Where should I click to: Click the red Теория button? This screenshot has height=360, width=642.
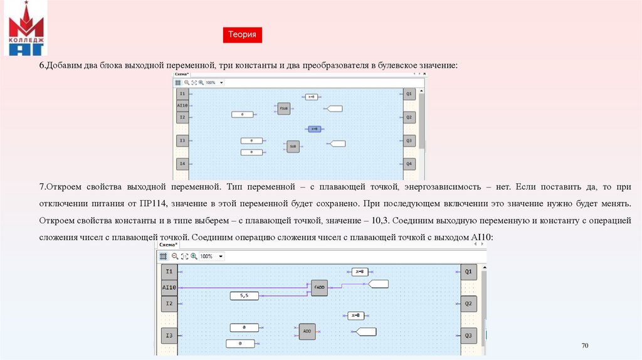coord(242,35)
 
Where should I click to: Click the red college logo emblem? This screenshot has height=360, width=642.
coord(26,28)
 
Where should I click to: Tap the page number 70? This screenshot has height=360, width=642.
coord(585,346)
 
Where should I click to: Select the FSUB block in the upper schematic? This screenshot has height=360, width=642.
coord(283,109)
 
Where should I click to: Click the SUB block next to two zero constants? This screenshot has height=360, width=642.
coord(293,146)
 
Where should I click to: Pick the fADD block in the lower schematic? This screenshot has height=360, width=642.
coord(319,287)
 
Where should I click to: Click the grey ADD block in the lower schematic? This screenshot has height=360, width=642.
coord(307,331)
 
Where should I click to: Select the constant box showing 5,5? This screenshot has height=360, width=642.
coord(244,295)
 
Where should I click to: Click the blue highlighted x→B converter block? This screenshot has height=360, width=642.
coord(314,129)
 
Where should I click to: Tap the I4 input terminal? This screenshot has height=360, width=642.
coord(182,164)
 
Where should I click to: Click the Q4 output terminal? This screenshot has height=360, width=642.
coord(409,164)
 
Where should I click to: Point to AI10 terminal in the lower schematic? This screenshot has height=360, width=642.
coord(169,287)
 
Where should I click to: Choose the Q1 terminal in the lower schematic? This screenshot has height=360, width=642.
coord(468,272)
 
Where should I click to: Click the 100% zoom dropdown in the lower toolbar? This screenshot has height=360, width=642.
coord(212,257)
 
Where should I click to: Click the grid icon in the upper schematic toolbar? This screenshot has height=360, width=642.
coord(178,82)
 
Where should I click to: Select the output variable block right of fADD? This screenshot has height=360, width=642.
coord(378,283)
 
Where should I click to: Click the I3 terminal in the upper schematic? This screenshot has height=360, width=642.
coord(182,140)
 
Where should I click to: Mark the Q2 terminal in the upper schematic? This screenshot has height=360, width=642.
coord(409,117)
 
